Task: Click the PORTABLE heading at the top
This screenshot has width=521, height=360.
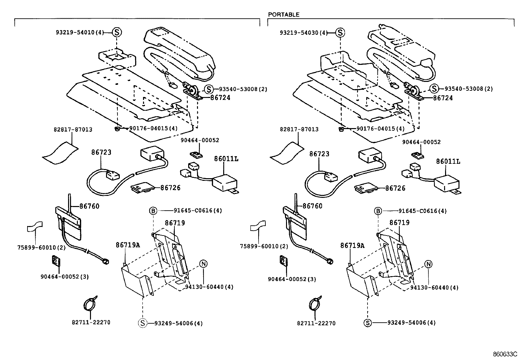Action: [x=283, y=15]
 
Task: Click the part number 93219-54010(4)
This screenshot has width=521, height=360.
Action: [x=80, y=32]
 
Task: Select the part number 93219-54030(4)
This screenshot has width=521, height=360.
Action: [x=304, y=33]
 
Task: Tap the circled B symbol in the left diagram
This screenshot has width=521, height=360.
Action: [x=153, y=211]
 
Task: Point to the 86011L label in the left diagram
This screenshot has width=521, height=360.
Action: [x=226, y=159]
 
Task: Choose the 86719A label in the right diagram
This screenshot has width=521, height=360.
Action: [x=352, y=245]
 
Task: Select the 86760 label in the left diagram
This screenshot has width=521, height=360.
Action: [x=89, y=206]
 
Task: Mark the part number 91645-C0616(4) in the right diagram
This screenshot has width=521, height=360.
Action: [x=422, y=211]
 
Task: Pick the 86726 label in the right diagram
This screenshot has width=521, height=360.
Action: [x=395, y=188]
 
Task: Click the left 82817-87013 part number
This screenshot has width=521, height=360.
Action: [x=73, y=129]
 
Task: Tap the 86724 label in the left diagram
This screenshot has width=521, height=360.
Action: [x=220, y=97]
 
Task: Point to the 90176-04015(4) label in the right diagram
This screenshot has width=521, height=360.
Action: [x=380, y=129]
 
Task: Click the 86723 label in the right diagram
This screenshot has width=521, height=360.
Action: [x=319, y=154]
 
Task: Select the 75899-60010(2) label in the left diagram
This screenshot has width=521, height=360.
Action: [x=41, y=248]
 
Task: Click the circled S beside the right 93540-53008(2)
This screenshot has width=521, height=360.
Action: [x=434, y=88]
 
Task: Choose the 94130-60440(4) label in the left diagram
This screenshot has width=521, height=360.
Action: [x=209, y=287]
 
